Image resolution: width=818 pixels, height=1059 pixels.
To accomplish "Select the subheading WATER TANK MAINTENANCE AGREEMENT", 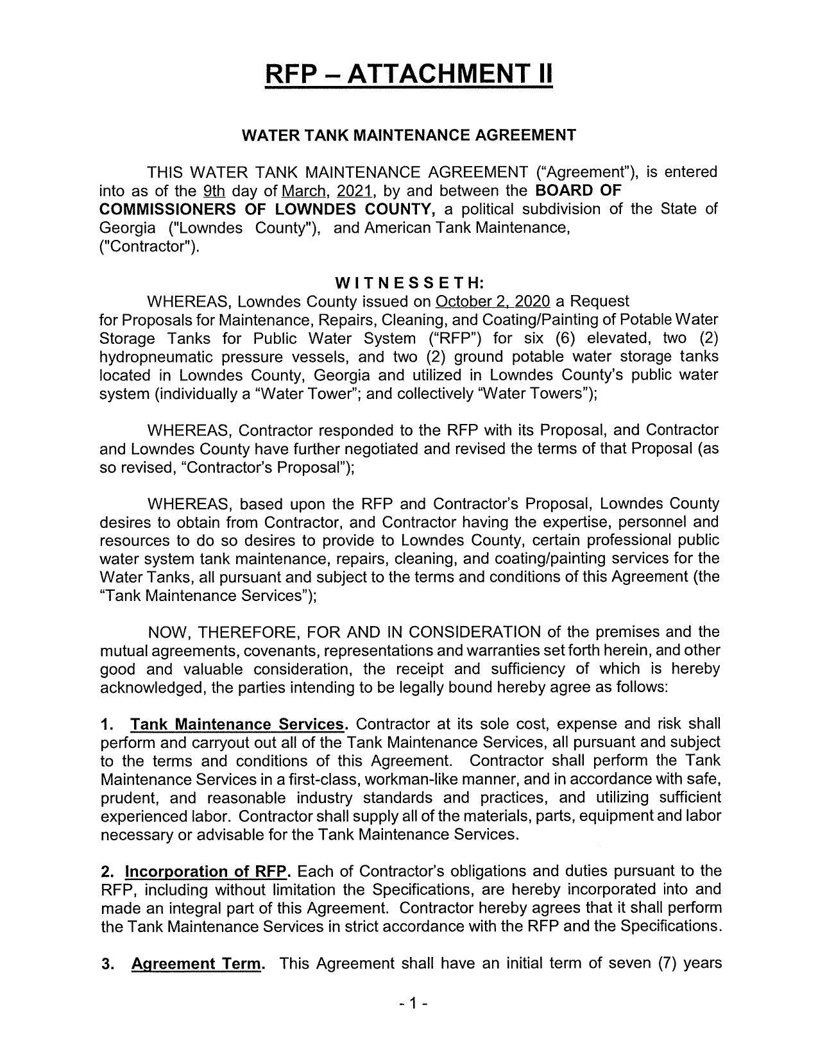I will (409, 135).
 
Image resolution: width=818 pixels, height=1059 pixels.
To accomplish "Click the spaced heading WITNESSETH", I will (409, 283).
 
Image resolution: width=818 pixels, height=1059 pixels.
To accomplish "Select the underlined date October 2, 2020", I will (493, 301).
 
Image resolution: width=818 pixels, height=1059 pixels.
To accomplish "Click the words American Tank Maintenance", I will (466, 228).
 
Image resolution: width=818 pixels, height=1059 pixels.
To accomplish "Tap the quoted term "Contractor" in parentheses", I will (149, 247).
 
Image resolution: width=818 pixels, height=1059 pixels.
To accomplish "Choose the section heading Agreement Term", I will (196, 964).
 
